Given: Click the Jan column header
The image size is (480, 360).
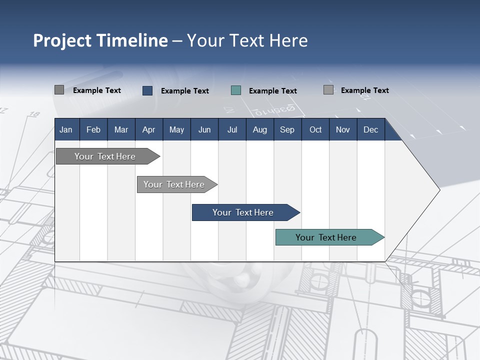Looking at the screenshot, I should (66, 129).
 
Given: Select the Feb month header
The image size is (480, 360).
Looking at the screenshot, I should (93, 129).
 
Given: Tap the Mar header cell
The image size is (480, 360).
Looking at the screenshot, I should (121, 129).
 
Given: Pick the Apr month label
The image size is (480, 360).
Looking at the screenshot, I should (148, 129).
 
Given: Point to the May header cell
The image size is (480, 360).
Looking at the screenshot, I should (176, 129).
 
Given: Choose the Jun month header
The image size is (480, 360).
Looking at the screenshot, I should (204, 129).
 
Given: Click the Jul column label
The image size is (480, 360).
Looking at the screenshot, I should (232, 129).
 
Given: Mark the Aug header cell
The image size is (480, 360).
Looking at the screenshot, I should (259, 129).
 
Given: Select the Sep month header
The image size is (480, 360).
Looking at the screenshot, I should (287, 129).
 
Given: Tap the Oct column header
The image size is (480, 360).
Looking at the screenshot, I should (315, 129).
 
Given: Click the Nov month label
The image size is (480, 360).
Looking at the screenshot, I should (342, 129).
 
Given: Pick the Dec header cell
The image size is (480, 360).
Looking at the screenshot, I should (370, 129).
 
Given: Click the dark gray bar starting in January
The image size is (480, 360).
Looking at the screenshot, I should (105, 156).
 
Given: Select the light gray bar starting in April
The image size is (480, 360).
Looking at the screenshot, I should (174, 184).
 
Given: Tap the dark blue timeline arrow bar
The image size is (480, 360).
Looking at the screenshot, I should (243, 212).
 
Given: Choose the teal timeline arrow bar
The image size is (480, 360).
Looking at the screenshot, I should (326, 237).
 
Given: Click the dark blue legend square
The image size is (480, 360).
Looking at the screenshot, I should (147, 90).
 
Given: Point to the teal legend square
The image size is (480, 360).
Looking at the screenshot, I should (236, 90).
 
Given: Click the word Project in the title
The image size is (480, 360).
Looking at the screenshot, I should (63, 40).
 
